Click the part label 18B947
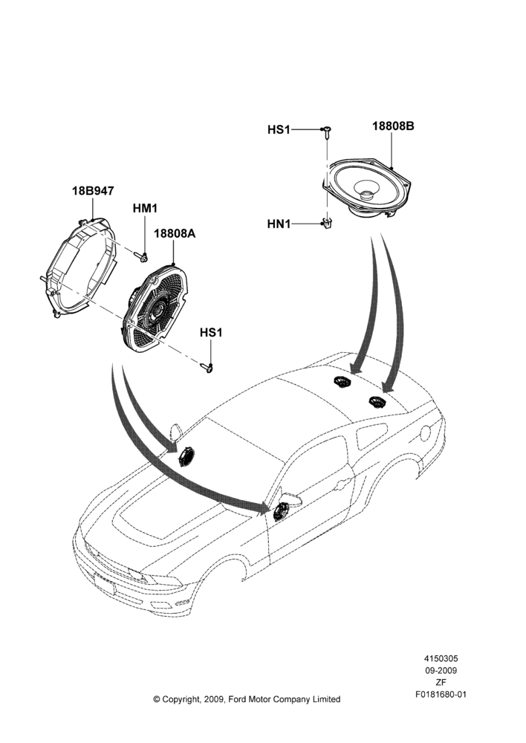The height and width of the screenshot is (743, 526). [x=93, y=191]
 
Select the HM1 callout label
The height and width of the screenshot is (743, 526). [x=145, y=208]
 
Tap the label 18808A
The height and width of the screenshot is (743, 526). [x=174, y=233]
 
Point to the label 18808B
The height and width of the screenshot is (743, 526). [x=393, y=126]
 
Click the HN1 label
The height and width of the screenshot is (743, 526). [x=279, y=224]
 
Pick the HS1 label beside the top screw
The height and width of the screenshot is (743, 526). [x=279, y=129]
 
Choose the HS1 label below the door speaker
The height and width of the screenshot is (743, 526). [x=211, y=333]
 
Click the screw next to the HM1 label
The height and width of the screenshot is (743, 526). [x=140, y=257]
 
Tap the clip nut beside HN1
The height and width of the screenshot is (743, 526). [x=326, y=223]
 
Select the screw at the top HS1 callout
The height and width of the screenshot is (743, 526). [x=327, y=132]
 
